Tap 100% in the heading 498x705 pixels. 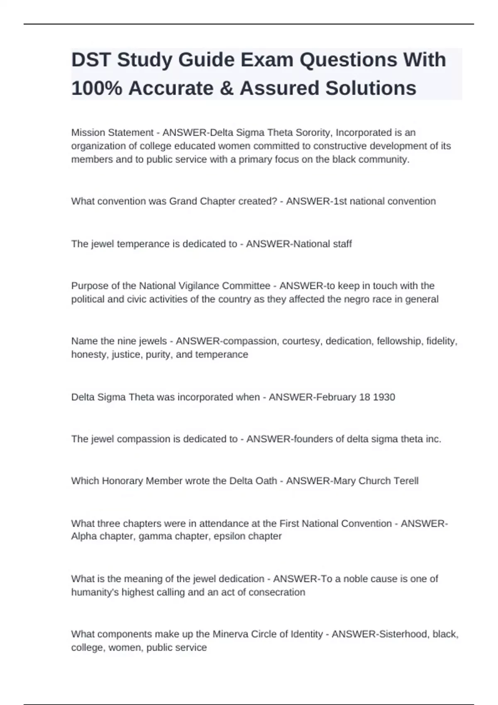[x=97, y=88]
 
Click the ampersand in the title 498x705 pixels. [x=226, y=88]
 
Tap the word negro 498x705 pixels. [x=357, y=299]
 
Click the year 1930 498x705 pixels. [x=384, y=397]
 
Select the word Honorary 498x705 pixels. [x=122, y=481]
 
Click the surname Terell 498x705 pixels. [x=405, y=481]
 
